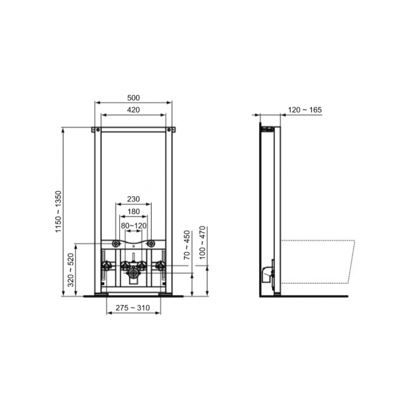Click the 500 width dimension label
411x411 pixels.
click(133, 98)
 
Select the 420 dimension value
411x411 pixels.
click(133, 109)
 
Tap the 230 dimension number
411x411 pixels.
click(133, 199)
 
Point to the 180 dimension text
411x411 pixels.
click(133, 212)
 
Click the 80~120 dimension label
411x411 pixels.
click(133, 225)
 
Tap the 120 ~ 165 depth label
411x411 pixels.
click(305, 109)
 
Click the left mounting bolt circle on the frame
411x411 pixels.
click(116, 244)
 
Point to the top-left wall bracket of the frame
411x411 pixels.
click(95, 129)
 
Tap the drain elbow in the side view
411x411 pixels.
click(267, 273)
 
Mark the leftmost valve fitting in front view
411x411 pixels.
click(107, 266)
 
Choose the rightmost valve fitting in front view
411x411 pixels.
click(160, 266)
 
